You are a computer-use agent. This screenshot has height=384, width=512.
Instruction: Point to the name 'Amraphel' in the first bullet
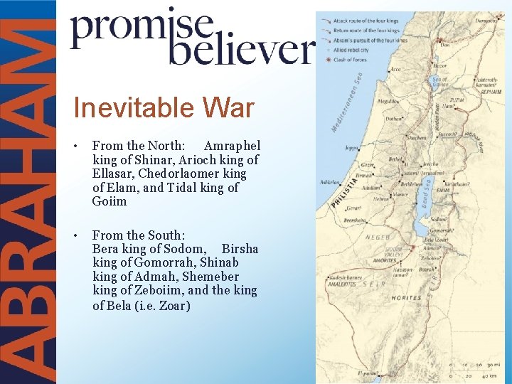(233, 146)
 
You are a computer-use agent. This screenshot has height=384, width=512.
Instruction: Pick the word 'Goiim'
(110, 201)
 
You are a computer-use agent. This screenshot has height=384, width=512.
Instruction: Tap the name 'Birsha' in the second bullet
(240, 249)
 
